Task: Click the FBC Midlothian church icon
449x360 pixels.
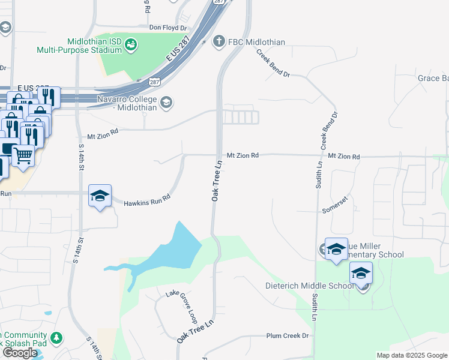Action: pyautogui.click(x=218, y=41)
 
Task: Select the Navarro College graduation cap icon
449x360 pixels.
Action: pyautogui.click(x=166, y=103)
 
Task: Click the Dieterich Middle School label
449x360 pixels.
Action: pyautogui.click(x=310, y=286)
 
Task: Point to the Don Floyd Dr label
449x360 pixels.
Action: pyautogui.click(x=168, y=28)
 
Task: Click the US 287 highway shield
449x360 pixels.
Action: pyautogui.click(x=154, y=81)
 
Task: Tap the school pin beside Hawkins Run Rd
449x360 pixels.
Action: pyautogui.click(x=100, y=196)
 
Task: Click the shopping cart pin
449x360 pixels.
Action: pyautogui.click(x=23, y=155)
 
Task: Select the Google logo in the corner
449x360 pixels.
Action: pyautogui.click(x=20, y=353)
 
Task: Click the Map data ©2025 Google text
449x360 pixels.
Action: pyautogui.click(x=411, y=355)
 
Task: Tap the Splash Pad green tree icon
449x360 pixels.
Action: pyautogui.click(x=56, y=339)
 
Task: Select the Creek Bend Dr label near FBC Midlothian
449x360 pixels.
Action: pyautogui.click(x=273, y=64)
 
